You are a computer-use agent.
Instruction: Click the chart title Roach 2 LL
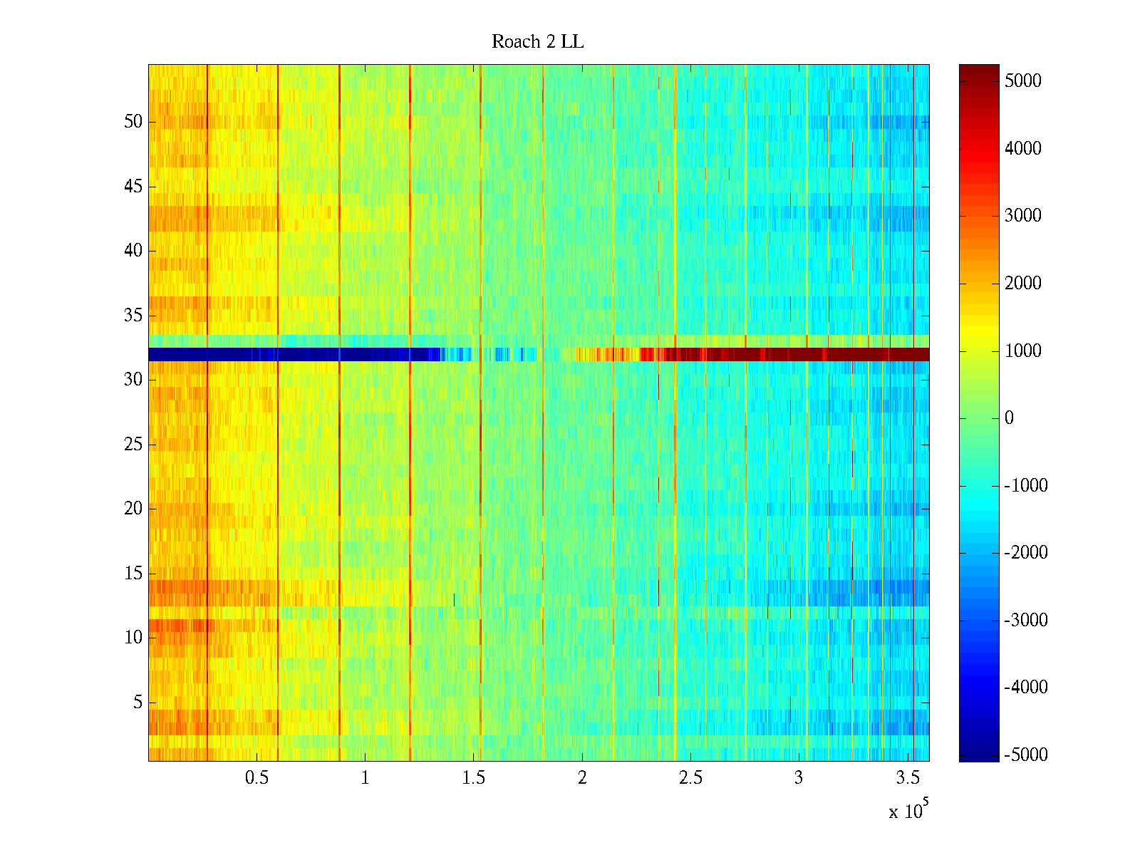coord(537,42)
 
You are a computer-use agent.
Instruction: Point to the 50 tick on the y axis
coord(133,122)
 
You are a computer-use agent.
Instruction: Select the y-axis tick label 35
coord(133,316)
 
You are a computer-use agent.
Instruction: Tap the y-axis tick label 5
coord(138,703)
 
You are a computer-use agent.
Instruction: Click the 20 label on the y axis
coord(133,509)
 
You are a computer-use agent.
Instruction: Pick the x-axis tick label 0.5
coord(256,777)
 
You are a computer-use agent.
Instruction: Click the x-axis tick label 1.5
coord(473,777)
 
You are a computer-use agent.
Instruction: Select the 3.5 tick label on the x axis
coord(907,777)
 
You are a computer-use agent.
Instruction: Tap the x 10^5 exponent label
coord(908,810)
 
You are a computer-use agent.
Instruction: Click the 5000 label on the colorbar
coord(1022,81)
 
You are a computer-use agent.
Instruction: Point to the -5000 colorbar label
coord(1025,755)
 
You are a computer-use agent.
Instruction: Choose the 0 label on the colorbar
coord(1009,418)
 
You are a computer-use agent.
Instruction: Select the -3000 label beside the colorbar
coord(1025,620)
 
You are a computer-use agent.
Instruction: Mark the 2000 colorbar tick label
coord(1022,284)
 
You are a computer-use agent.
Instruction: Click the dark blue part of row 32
coord(285,354)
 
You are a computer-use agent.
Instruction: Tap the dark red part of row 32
coord(819,354)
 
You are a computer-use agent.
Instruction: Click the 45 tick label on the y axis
coord(133,187)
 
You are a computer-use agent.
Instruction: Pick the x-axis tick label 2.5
coord(690,777)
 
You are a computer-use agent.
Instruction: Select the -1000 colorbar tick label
coord(1025,486)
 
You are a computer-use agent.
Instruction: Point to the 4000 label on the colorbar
coord(1022,149)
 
